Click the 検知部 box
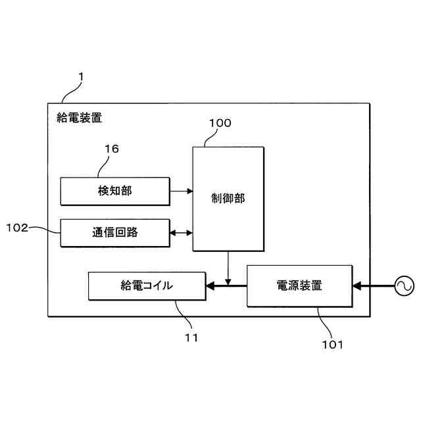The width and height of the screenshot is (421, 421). click(114, 191)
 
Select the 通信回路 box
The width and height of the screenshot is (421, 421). click(114, 232)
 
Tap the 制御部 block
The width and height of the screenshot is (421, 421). click(228, 198)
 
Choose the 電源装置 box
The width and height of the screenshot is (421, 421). click(299, 285)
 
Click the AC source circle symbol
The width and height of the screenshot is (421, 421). click(403, 285)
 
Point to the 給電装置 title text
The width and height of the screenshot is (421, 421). click(79, 118)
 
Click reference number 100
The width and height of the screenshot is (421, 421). click(220, 123)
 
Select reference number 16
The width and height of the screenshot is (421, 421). click(111, 149)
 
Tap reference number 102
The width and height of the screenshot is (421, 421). click(17, 228)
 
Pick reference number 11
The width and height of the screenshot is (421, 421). click(191, 337)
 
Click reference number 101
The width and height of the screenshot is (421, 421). click(332, 343)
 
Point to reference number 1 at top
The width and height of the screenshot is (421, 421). click(80, 77)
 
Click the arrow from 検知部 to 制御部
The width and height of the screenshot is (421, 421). click(181, 191)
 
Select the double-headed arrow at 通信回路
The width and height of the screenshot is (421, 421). click(181, 232)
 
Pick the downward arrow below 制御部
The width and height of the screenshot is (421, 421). click(228, 266)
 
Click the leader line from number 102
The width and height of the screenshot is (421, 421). click(46, 230)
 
